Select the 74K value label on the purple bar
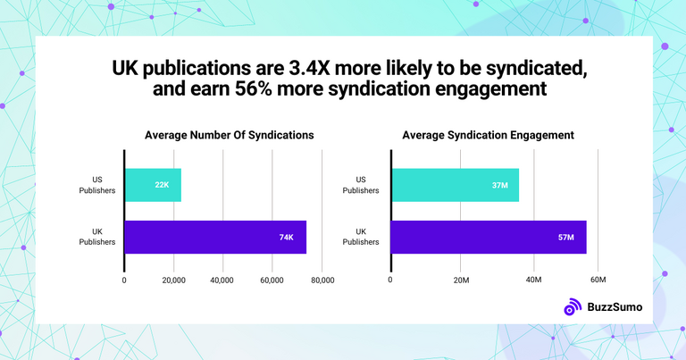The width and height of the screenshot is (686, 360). coord(287,238)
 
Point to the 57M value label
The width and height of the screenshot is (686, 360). coord(568,238)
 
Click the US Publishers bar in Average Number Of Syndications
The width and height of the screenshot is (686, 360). coord(153,185)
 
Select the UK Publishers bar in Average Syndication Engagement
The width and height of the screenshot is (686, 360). coord(489,238)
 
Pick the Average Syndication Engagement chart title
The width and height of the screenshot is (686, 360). coord(488,135)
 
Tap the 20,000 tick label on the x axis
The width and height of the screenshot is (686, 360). coord(173,280)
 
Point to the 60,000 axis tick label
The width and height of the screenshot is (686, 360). coord(272,280)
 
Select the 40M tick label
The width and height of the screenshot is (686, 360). coord(532,280)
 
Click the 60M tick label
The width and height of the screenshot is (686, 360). coord(598,280)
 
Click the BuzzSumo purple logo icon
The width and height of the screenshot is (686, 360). coord(573,307)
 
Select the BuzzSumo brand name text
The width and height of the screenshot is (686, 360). coord(614,307)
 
